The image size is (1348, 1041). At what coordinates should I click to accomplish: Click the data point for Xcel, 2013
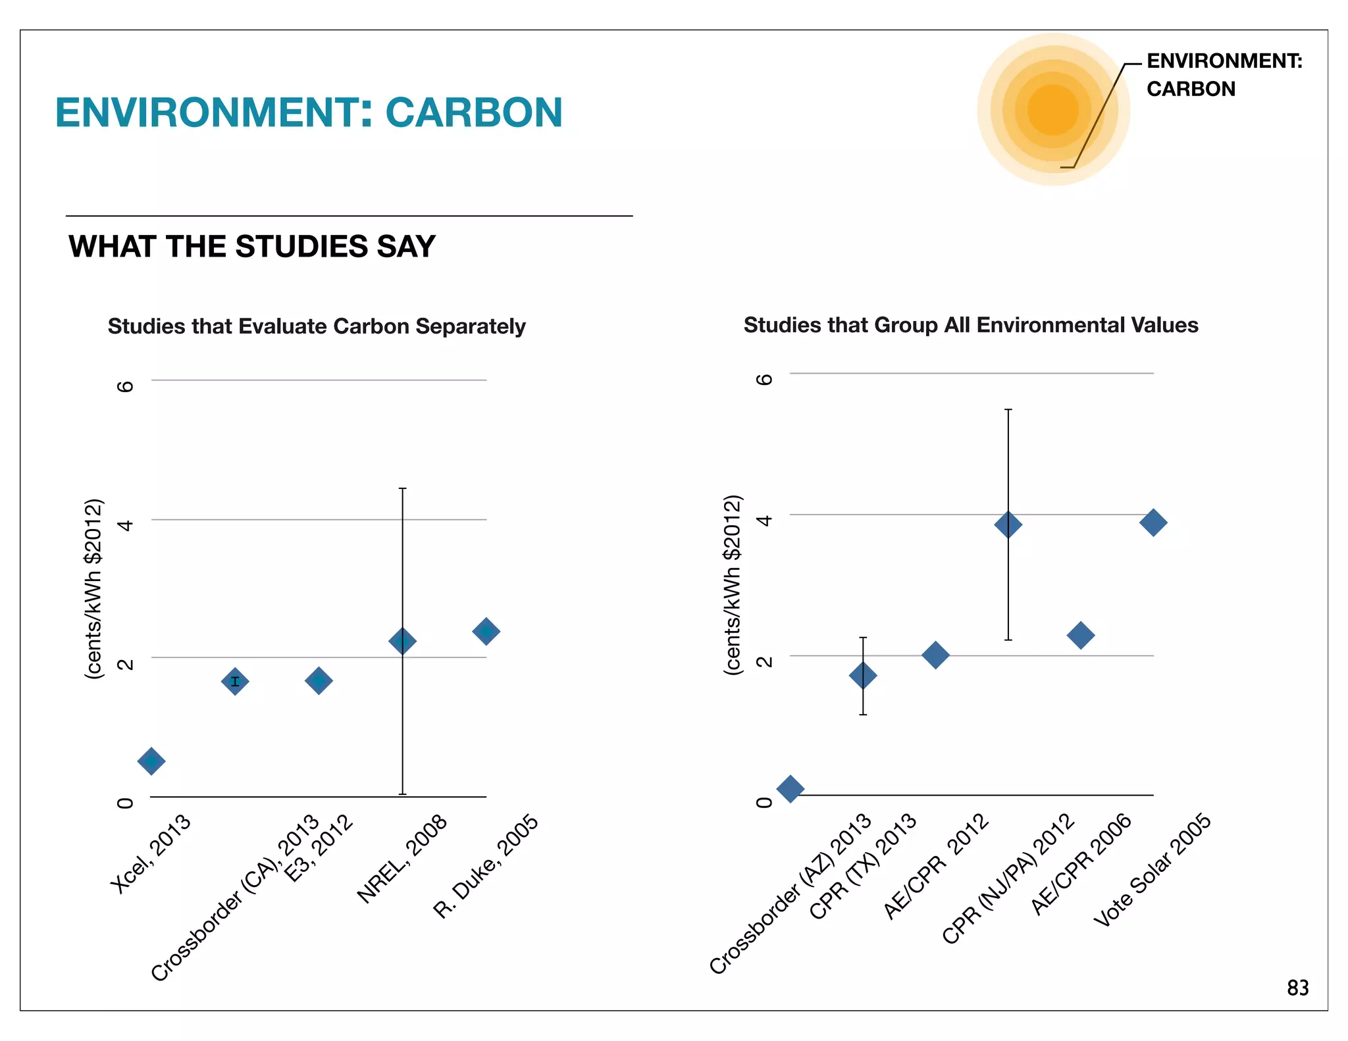[x=151, y=761]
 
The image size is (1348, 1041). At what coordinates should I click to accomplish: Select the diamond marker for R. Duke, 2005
[x=486, y=632]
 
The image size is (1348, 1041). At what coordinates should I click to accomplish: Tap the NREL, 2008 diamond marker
[x=402, y=641]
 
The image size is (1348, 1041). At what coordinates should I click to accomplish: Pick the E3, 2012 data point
[x=319, y=681]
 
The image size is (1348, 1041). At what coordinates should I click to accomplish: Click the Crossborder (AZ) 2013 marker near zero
[x=791, y=788]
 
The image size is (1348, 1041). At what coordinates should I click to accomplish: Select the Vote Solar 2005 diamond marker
[x=1153, y=522]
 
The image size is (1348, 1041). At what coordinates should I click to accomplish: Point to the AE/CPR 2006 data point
[x=1081, y=635]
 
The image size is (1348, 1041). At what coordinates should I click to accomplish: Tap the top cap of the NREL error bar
[x=402, y=489]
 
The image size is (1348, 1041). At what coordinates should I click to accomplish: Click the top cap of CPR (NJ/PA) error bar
[x=1008, y=410]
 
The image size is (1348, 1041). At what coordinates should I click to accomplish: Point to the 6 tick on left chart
[x=125, y=386]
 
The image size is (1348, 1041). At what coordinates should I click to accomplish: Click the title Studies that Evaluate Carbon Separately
[x=317, y=326]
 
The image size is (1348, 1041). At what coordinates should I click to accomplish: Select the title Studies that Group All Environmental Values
[x=971, y=325]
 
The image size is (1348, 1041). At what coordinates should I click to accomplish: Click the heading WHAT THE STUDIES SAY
[x=252, y=247]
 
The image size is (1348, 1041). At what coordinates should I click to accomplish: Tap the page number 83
[x=1297, y=988]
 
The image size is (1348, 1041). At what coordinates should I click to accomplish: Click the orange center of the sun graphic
[x=1052, y=109]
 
